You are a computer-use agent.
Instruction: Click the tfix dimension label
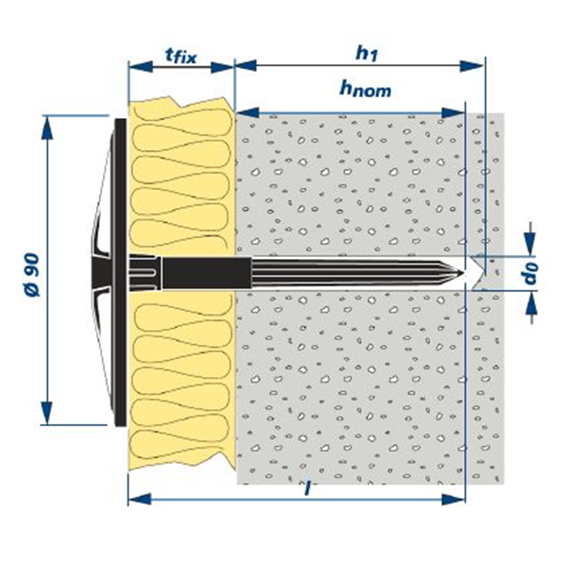point(180,55)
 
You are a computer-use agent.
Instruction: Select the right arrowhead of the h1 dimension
point(477,67)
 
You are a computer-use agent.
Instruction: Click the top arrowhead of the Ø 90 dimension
point(46,122)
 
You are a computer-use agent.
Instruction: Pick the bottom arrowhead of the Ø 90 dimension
point(46,420)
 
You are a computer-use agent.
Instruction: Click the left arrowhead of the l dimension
point(135,500)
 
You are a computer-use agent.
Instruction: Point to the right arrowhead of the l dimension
point(464,500)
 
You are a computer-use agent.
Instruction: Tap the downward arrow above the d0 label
point(531,247)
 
